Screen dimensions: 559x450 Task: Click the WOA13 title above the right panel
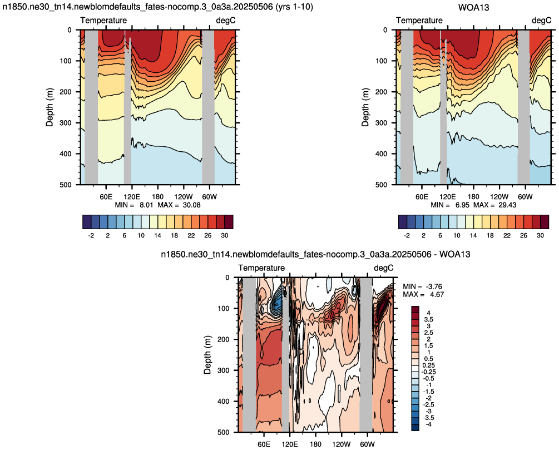tap(473, 7)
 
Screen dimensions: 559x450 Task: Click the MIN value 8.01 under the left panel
tap(146, 205)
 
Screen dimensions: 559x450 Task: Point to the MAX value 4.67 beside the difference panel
tap(437, 295)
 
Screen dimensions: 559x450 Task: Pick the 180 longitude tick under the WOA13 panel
tap(473, 197)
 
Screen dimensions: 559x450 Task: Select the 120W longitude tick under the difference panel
tap(342, 444)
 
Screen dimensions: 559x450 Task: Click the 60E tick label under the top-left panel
tap(106, 197)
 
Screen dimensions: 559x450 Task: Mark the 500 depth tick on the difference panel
tap(224, 432)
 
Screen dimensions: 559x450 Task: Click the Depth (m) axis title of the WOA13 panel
tap(365, 107)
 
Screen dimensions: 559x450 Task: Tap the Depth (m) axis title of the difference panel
tap(207, 355)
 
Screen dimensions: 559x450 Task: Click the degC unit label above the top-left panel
tap(226, 21)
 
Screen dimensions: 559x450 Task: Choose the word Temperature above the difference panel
tap(261, 268)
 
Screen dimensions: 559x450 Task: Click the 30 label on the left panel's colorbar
tap(224, 235)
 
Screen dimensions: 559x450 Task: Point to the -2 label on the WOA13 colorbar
tap(407, 235)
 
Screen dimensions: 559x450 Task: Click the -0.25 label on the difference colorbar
tap(428, 372)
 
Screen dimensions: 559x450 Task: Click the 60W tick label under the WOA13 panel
tap(525, 197)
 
